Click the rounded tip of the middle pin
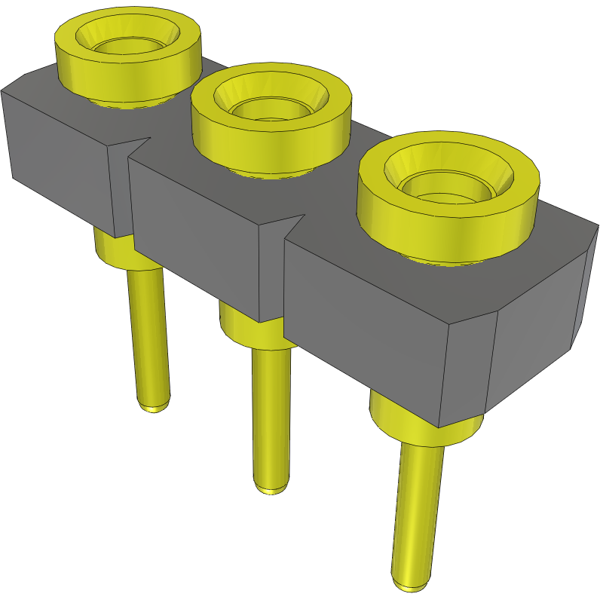(x=271, y=488)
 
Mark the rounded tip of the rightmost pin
(x=412, y=584)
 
